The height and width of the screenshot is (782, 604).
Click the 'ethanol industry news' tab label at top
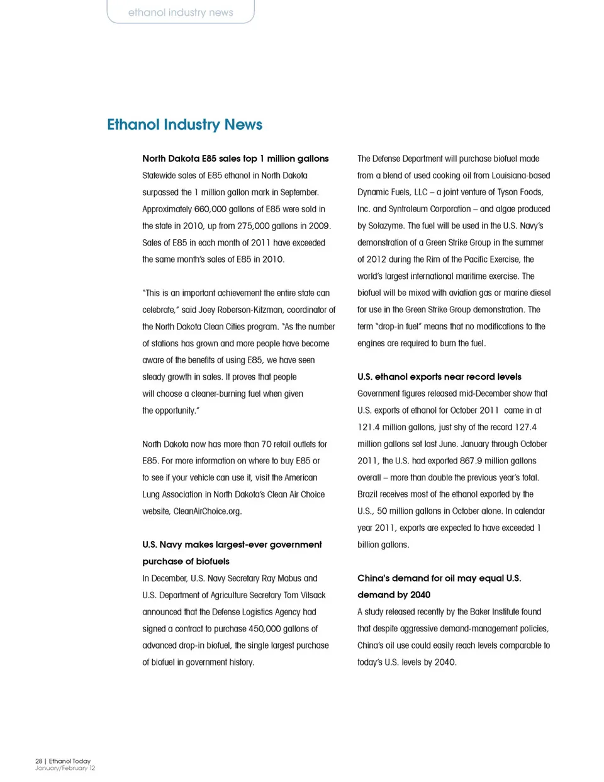click(x=181, y=13)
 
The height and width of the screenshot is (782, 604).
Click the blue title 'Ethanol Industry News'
click(x=184, y=125)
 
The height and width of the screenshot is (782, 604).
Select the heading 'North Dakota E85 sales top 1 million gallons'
click(x=235, y=159)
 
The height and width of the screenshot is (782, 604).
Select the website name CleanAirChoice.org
click(x=207, y=511)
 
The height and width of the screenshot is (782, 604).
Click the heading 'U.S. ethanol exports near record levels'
click(x=439, y=377)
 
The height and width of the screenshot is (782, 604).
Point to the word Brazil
click(x=369, y=494)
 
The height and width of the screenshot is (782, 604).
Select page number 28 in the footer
click(x=38, y=761)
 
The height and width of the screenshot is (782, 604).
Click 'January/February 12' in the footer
click(x=65, y=768)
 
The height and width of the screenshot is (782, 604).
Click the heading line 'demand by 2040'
click(x=394, y=595)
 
